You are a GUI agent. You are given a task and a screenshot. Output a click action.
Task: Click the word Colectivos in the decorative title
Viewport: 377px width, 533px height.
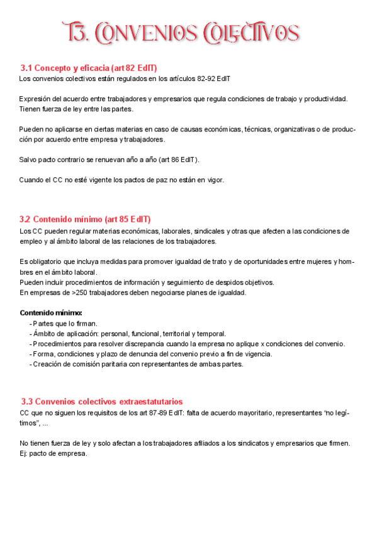click(250, 33)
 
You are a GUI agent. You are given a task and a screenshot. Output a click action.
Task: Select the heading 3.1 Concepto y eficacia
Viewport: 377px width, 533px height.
click(88, 68)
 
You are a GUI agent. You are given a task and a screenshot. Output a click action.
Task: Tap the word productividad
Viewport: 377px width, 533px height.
click(325, 99)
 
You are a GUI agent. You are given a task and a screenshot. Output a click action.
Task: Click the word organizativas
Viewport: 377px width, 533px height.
click(295, 129)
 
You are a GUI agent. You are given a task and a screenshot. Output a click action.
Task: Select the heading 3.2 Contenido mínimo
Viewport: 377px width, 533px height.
click(85, 219)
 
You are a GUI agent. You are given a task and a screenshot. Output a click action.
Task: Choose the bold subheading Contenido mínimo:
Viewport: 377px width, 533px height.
click(50, 312)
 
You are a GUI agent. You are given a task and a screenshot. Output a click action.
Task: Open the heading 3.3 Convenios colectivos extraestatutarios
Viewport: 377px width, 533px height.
click(102, 401)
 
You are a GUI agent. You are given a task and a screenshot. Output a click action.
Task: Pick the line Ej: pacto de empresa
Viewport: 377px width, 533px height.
click(53, 453)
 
